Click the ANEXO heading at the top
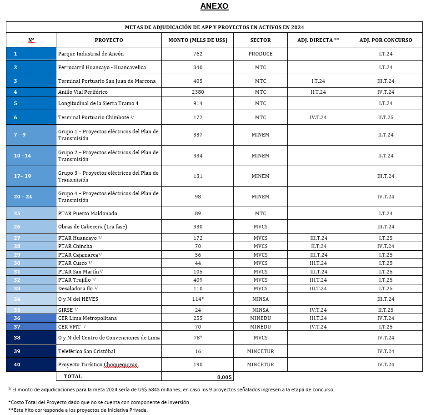(x=214, y=6)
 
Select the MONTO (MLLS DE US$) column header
(x=198, y=40)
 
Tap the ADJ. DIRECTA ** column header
(x=318, y=40)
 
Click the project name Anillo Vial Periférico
(x=83, y=92)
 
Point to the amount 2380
(x=198, y=92)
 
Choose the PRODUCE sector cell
(x=261, y=54)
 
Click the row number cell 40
(x=17, y=364)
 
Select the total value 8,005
(x=225, y=377)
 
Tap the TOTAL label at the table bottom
(x=73, y=376)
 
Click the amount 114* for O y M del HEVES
(x=198, y=299)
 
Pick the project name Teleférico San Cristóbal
(x=86, y=351)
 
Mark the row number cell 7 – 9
(x=20, y=135)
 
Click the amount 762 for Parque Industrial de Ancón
(x=198, y=54)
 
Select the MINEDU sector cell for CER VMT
(x=261, y=327)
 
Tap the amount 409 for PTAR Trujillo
(x=198, y=280)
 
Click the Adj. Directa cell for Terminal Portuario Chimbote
(x=318, y=117)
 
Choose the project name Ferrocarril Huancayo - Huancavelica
(x=102, y=67)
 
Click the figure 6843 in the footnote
(x=148, y=390)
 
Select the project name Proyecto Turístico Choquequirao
(x=98, y=365)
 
